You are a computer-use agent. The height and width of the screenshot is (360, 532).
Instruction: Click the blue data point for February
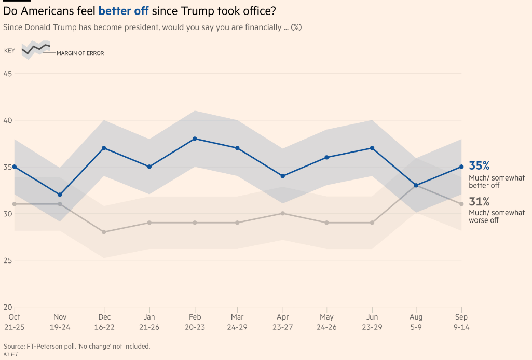pyautogui.click(x=195, y=139)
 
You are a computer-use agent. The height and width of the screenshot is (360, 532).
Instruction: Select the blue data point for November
pyautogui.click(x=60, y=195)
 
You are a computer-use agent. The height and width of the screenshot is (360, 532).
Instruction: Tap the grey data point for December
pyautogui.click(x=104, y=232)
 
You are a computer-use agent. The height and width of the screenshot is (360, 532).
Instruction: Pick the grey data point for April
pyautogui.click(x=283, y=213)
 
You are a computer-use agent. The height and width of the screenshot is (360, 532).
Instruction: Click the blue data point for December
pyautogui.click(x=104, y=148)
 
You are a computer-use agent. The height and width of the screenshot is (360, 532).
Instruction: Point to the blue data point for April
pyautogui.click(x=283, y=176)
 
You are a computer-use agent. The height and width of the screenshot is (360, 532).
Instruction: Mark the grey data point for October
pyautogui.click(x=15, y=204)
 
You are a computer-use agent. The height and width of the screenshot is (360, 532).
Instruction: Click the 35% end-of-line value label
pyautogui.click(x=479, y=165)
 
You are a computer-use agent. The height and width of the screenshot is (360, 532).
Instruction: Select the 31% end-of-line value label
pyautogui.click(x=479, y=202)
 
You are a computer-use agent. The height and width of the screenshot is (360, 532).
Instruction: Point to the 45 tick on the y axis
pyautogui.click(x=8, y=73)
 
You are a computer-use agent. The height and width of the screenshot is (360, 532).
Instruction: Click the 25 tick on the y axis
pyautogui.click(x=8, y=260)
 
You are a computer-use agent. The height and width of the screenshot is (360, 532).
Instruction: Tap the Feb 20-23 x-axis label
pyautogui.click(x=195, y=322)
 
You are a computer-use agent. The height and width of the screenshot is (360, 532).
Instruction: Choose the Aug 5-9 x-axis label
pyautogui.click(x=416, y=322)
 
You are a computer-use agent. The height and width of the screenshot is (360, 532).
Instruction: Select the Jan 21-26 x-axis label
pyautogui.click(x=149, y=322)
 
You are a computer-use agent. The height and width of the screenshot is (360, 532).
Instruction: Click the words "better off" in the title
pyautogui.click(x=124, y=10)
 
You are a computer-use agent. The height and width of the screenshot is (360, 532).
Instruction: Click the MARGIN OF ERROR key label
pyautogui.click(x=80, y=53)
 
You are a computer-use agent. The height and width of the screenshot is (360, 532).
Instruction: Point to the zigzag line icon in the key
pyautogui.click(x=36, y=49)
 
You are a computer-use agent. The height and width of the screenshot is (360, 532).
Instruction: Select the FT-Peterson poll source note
pyautogui.click(x=77, y=346)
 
